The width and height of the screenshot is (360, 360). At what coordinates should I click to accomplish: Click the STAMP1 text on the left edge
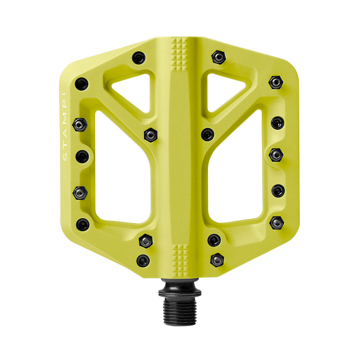pyautogui.click(x=65, y=127)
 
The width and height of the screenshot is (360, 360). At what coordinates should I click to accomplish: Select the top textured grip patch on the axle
pyautogui.click(x=179, y=53)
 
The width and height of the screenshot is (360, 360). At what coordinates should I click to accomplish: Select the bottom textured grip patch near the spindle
pyautogui.click(x=180, y=260)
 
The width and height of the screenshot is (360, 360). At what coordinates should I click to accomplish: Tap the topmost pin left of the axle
pyautogui.click(x=139, y=58)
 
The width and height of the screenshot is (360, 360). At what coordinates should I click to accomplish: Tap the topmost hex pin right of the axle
pyautogui.click(x=219, y=57)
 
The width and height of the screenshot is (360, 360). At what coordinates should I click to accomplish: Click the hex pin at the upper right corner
pyautogui.click(x=276, y=82)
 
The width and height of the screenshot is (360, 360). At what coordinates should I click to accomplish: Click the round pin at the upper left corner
pyautogui.click(x=82, y=84)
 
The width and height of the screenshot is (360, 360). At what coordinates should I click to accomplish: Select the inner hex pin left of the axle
pyautogui.click(x=151, y=135)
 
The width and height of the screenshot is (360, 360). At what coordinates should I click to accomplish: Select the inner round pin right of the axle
pyautogui.click(x=208, y=134)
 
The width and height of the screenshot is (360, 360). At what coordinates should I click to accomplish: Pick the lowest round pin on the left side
pyautogui.click(x=143, y=261)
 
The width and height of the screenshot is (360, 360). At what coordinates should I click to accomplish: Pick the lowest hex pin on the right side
pyautogui.click(x=217, y=260)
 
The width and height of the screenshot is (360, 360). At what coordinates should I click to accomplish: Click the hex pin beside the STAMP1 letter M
pyautogui.click(x=80, y=125)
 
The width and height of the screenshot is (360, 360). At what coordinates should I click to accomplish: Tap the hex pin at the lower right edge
pyautogui.click(x=277, y=223)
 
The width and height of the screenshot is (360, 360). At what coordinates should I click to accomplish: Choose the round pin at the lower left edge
pyautogui.click(x=83, y=225)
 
